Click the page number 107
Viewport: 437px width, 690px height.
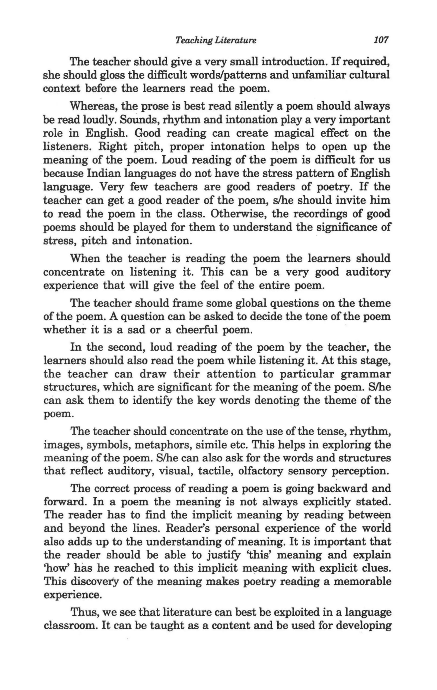pos(381,40)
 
